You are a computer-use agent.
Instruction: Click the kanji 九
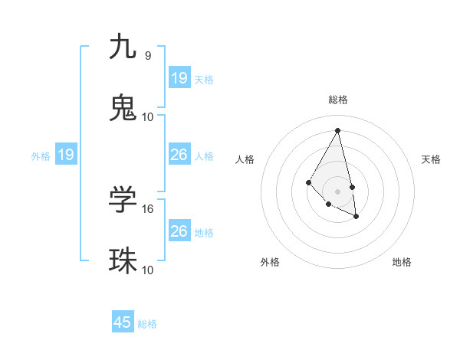(x=123, y=47)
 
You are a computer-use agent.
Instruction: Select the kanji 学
(x=123, y=199)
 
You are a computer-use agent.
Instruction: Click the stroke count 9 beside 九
(x=148, y=55)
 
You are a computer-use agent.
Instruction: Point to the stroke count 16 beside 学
(x=148, y=208)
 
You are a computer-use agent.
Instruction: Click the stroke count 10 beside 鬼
(x=148, y=117)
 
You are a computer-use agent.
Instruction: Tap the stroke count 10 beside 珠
(x=148, y=270)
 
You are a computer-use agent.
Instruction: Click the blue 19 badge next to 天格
(x=179, y=78)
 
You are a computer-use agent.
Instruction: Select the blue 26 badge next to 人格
(x=179, y=155)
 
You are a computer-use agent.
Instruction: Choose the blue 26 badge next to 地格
(x=179, y=231)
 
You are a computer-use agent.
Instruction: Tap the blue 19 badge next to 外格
(x=66, y=155)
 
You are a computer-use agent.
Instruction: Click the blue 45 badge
(x=123, y=322)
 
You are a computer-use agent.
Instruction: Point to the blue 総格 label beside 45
(x=147, y=324)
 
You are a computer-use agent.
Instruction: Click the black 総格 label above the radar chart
(x=338, y=100)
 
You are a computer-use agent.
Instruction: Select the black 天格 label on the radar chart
(x=432, y=159)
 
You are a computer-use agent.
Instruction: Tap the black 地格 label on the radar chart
(x=402, y=262)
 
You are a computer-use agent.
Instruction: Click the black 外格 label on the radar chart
(x=270, y=262)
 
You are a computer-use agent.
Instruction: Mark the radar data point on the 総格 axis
(x=337, y=129)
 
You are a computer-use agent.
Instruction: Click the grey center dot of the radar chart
(x=337, y=191)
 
